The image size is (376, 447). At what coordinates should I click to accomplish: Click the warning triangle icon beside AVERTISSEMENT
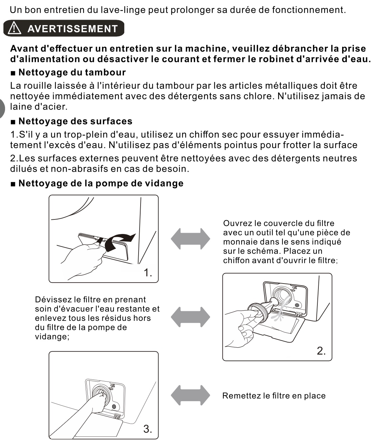[x=15, y=28]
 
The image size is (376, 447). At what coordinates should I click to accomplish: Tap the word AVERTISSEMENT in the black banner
[x=72, y=29]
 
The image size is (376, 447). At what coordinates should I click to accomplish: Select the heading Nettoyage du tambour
[x=72, y=72]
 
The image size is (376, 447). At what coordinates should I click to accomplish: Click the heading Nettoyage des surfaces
[x=75, y=121]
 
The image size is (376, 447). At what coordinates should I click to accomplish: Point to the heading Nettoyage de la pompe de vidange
[x=101, y=183]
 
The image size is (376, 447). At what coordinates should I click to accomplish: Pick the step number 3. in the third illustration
[x=147, y=429]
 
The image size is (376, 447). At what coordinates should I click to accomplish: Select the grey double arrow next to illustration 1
[x=190, y=239]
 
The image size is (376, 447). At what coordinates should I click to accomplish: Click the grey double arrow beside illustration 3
[x=190, y=395]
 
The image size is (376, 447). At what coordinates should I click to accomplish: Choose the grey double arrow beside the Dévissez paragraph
[x=190, y=317]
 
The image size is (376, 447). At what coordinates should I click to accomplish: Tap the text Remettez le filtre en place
[x=274, y=396]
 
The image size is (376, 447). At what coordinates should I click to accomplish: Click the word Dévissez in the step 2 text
[x=53, y=300]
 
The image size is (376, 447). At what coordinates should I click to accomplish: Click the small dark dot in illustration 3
[x=114, y=406]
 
